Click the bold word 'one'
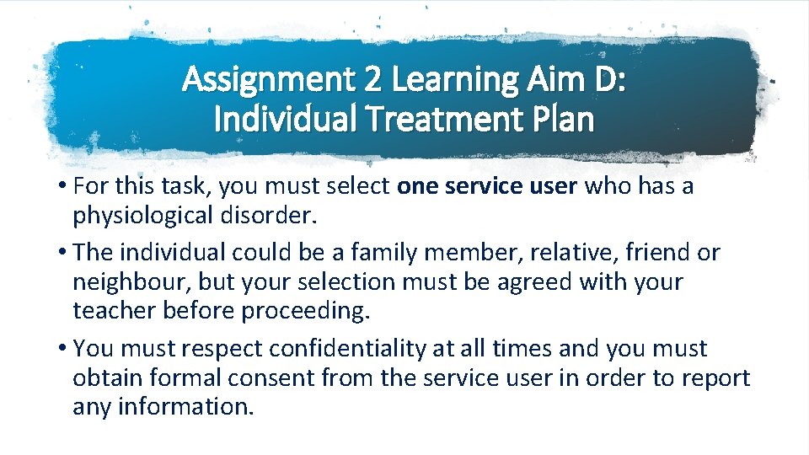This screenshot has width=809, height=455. click(x=414, y=186)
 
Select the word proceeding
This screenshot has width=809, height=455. click(x=306, y=310)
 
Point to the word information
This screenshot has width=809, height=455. click(x=185, y=406)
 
